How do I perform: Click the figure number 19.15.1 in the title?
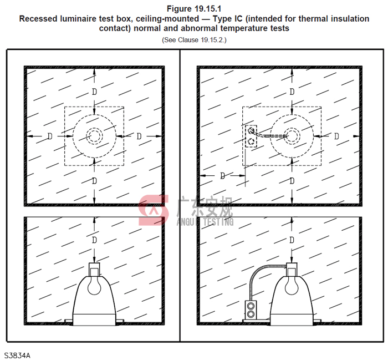pos(208,9)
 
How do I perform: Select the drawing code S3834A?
pos(17,356)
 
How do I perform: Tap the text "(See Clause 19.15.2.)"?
pos(194,40)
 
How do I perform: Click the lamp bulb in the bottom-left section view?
pos(94,285)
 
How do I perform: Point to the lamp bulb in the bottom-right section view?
pos(292,285)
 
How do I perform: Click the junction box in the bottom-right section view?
pos(251,310)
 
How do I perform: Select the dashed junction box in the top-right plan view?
pos(251,136)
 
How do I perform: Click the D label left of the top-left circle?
pos(50,136)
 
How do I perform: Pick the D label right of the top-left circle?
pos(139,136)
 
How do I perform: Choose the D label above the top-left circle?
pos(94,92)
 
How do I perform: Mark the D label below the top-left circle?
pos(94,181)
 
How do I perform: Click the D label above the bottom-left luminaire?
pos(94,240)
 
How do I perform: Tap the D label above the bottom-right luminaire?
pos(292,240)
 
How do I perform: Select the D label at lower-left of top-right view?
pos(223,176)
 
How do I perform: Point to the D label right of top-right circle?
pos(336,136)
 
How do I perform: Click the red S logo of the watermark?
pos(154,210)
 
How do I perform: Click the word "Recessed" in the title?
pos(37,19)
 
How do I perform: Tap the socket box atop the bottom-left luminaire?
pos(94,270)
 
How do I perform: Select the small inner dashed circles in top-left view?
pos(94,136)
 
